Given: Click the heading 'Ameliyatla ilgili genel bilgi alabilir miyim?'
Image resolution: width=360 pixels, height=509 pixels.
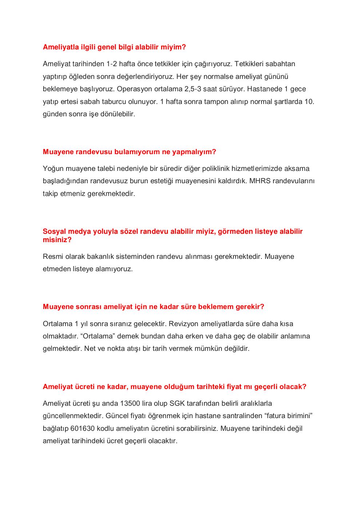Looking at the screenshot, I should pyautogui.click(x=114, y=47).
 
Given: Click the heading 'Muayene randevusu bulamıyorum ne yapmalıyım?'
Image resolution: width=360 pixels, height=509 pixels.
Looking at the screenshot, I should pyautogui.click(x=129, y=152).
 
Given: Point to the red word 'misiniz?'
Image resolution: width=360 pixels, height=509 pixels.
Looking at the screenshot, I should pyautogui.click(x=57, y=240).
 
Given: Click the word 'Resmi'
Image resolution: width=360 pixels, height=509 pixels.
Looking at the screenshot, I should pyautogui.click(x=52, y=257).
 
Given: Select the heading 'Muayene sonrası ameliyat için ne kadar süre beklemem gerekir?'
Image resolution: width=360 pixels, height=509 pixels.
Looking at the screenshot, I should pyautogui.click(x=153, y=306).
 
